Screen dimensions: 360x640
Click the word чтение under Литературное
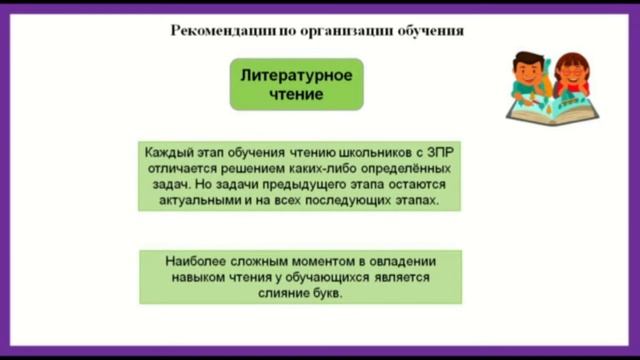coord(296,95)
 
